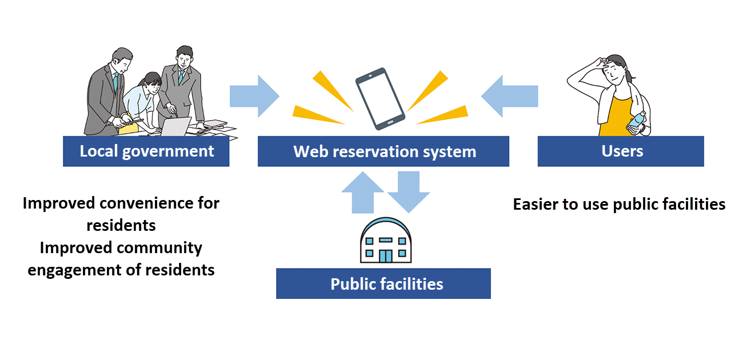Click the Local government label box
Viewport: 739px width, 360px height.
[x=146, y=151]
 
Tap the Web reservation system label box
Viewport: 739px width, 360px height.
[x=384, y=151]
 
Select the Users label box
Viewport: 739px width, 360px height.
[x=621, y=151]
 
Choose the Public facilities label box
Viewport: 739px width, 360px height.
[x=384, y=283]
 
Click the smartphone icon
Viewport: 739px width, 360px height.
[x=380, y=98]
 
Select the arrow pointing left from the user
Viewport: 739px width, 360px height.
[x=510, y=96]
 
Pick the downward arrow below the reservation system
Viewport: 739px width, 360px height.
[x=409, y=192]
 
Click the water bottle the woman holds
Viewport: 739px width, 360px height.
[x=636, y=122]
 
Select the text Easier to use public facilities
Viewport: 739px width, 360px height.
[x=619, y=204]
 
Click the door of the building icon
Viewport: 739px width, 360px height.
[x=386, y=255]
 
